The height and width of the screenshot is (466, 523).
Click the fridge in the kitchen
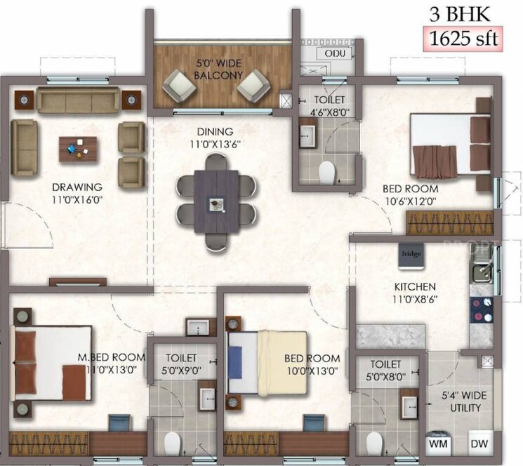[411, 257]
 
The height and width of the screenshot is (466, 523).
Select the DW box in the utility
[479, 444]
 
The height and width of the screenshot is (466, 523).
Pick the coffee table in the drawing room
[79, 148]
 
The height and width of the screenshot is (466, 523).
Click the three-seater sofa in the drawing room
[79, 100]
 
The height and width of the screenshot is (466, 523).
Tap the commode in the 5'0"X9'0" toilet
[173, 442]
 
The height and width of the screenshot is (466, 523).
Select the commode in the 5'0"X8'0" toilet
[374, 442]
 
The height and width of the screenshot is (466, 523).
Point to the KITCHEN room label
[415, 286]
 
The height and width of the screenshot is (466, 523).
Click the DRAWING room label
[77, 187]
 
